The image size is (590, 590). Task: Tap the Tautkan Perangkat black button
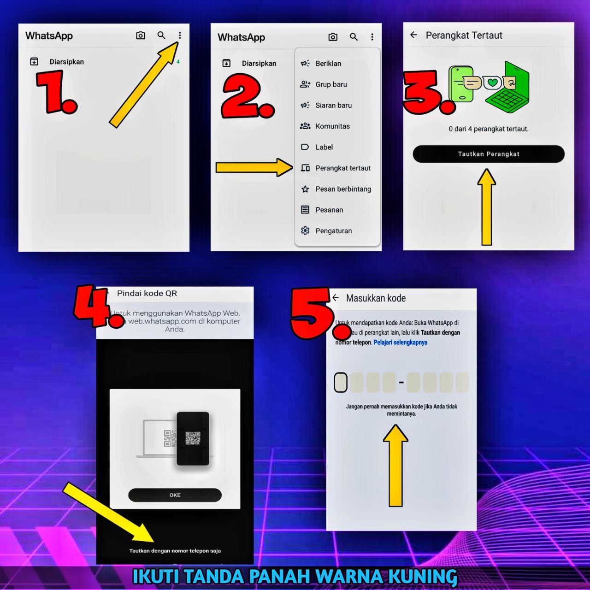click(x=488, y=154)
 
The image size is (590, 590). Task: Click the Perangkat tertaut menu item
click(x=342, y=168)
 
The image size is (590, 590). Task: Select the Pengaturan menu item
click(x=333, y=231)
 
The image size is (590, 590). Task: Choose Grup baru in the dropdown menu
click(x=331, y=84)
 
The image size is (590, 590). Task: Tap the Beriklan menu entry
click(x=328, y=64)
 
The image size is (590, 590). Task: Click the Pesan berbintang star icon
click(x=305, y=189)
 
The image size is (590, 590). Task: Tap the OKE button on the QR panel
click(x=175, y=495)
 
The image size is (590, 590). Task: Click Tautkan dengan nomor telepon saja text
click(x=175, y=551)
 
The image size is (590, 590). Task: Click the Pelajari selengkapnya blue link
click(x=400, y=342)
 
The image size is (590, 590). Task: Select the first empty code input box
click(x=341, y=383)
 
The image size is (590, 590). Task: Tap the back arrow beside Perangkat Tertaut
click(x=413, y=35)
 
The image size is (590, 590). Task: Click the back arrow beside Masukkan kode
click(x=336, y=298)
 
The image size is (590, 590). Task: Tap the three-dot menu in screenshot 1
click(x=180, y=35)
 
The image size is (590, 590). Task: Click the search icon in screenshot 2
click(x=354, y=37)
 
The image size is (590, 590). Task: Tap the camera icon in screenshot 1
click(x=141, y=35)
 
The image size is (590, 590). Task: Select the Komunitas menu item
click(x=332, y=126)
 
